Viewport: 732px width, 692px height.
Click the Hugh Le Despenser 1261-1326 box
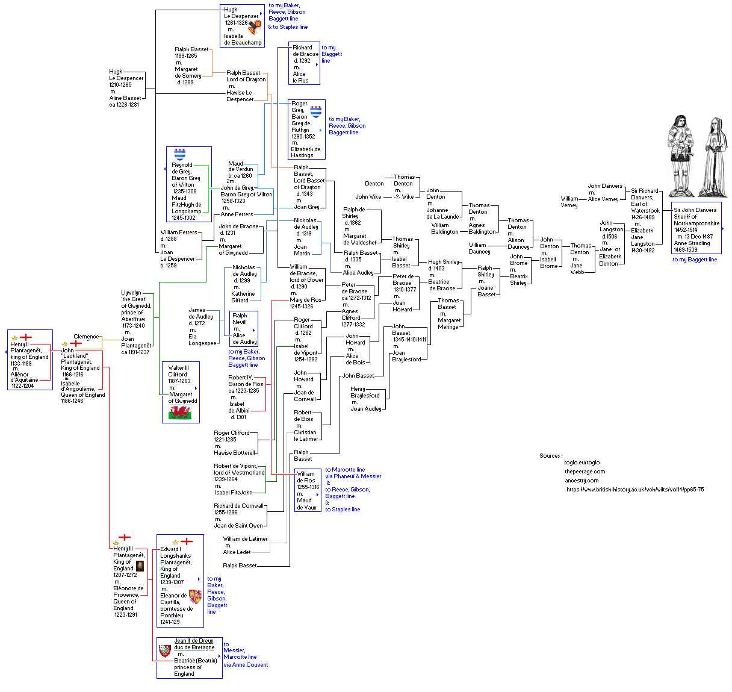[x=242, y=26]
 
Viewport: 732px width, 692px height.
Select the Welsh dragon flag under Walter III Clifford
[x=180, y=413]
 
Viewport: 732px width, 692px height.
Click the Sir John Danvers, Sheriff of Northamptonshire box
[x=696, y=229]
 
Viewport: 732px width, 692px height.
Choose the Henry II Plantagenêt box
[x=29, y=360]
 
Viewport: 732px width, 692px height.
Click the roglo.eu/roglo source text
[x=582, y=463]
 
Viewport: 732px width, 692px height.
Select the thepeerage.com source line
[x=585, y=472]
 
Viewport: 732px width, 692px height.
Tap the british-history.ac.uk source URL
[x=635, y=490]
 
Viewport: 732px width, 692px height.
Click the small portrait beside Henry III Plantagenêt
[x=140, y=566]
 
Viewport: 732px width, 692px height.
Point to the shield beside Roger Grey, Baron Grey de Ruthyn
[x=315, y=111]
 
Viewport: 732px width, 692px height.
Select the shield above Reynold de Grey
[x=180, y=154]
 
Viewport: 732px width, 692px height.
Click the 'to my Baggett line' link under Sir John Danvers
[x=695, y=260]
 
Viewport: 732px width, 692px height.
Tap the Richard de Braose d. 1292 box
[x=304, y=64]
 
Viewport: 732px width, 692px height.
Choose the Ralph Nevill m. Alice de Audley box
[x=244, y=329]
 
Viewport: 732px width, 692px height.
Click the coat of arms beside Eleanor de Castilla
[x=195, y=597]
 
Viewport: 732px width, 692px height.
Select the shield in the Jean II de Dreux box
[x=165, y=650]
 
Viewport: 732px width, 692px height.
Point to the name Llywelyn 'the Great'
[x=134, y=296]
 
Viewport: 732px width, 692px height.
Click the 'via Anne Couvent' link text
[x=246, y=665]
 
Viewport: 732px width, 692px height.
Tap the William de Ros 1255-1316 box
[x=308, y=490]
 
